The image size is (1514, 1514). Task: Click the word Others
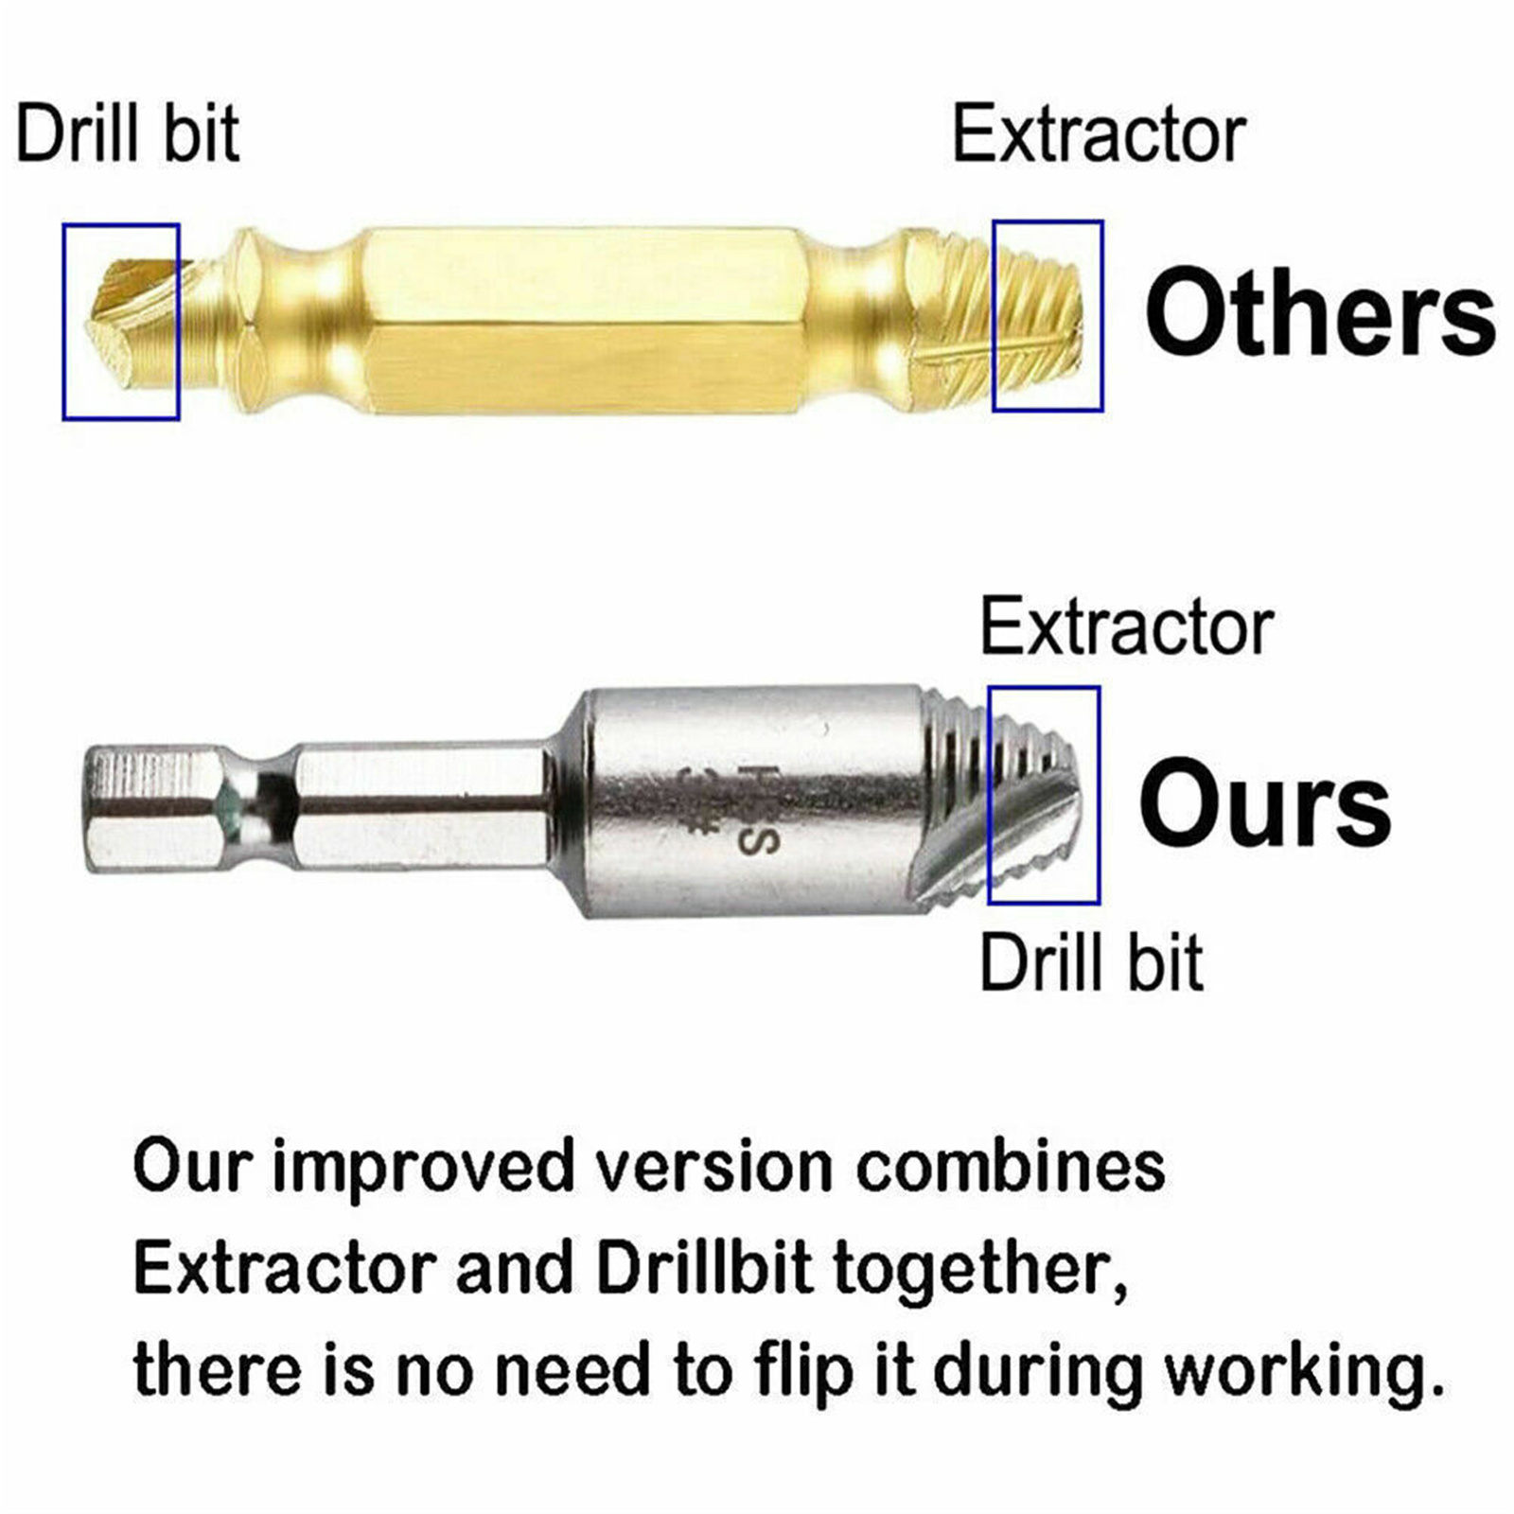coord(1320,311)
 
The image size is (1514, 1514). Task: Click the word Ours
coord(1265,803)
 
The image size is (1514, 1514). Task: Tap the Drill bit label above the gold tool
coord(128,133)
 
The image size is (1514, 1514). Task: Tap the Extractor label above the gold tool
coord(1099,134)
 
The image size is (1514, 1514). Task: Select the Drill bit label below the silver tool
coord(1091,962)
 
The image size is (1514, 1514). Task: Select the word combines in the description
coord(1011,1166)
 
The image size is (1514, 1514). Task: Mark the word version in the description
coord(715,1168)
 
